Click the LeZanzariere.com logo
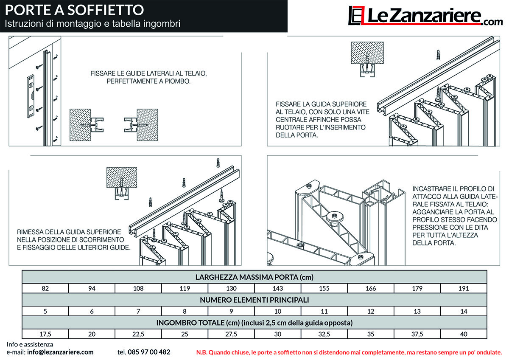tap(425, 16)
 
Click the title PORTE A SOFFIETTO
tap(74, 10)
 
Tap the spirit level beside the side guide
tap(31, 96)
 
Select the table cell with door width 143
tap(278, 288)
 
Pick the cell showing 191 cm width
tap(464, 288)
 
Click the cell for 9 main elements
tap(231, 311)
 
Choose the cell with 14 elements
tap(464, 311)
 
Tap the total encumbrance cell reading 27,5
tap(231, 334)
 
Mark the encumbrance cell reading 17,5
tap(45, 334)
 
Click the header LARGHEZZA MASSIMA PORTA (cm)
tap(255, 277)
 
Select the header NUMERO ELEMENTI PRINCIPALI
tap(255, 300)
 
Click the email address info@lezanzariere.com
tap(60, 352)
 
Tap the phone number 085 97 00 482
tap(149, 352)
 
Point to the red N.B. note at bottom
tap(349, 352)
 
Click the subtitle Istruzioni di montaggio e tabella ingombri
tap(92, 24)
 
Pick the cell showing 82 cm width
tap(45, 288)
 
